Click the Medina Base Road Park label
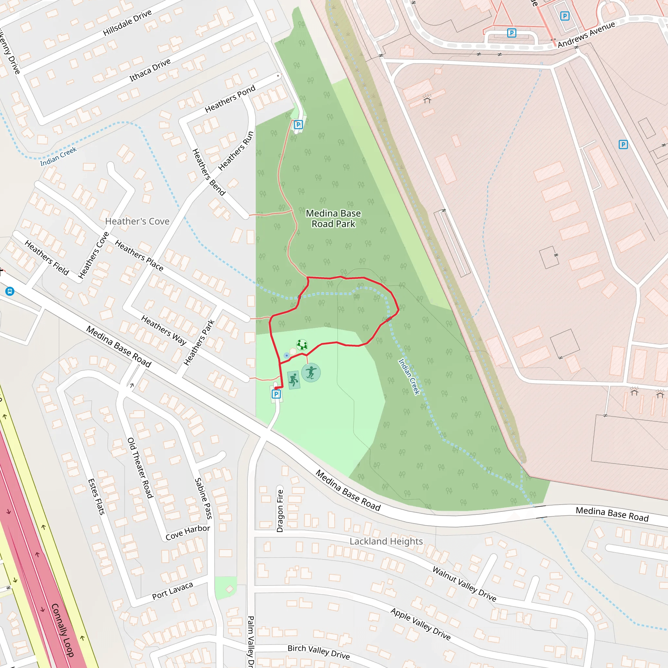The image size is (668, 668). pyautogui.click(x=333, y=219)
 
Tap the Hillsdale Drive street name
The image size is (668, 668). pyautogui.click(x=127, y=23)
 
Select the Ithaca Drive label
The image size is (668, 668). pyautogui.click(x=150, y=70)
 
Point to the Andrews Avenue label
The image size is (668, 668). pyautogui.click(x=586, y=34)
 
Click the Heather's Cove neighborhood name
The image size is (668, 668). pyautogui.click(x=137, y=221)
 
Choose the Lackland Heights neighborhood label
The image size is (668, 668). pyautogui.click(x=386, y=541)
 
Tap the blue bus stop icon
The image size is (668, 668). pyautogui.click(x=10, y=291)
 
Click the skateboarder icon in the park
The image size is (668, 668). pyautogui.click(x=311, y=372)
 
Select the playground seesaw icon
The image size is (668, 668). pyautogui.click(x=302, y=344)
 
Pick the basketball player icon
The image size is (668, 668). pyautogui.click(x=294, y=380)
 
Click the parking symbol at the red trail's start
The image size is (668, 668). pyautogui.click(x=276, y=394)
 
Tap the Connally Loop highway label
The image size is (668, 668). pyautogui.click(x=63, y=630)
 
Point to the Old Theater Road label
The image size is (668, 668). pyautogui.click(x=140, y=468)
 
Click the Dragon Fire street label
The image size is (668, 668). pyautogui.click(x=280, y=511)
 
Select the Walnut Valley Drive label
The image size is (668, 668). pyautogui.click(x=464, y=584)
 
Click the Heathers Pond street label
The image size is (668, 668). pyautogui.click(x=230, y=99)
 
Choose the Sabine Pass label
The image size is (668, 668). pyautogui.click(x=203, y=498)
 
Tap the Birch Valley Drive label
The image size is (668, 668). pyautogui.click(x=318, y=652)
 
